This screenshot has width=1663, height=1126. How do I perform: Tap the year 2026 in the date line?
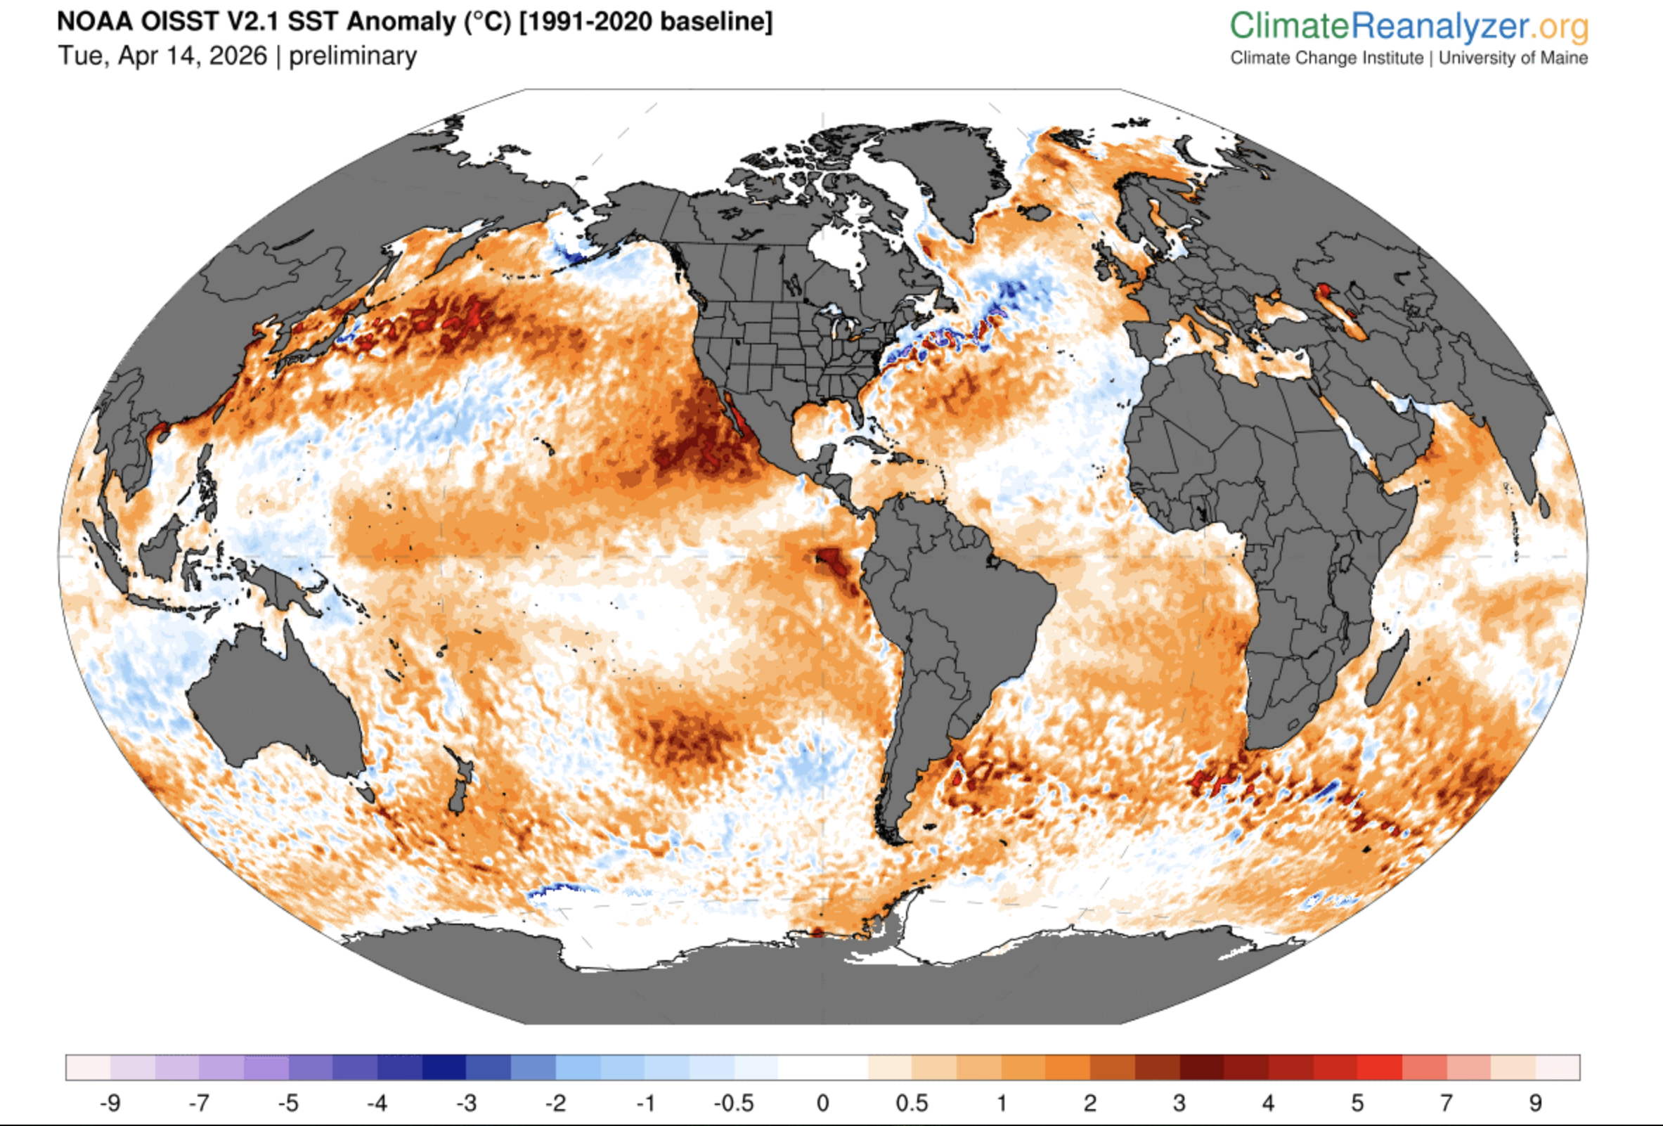237,56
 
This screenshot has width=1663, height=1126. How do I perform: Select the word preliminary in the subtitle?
352,56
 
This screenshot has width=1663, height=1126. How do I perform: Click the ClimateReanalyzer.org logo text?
1409,27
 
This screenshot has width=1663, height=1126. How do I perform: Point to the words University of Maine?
1513,58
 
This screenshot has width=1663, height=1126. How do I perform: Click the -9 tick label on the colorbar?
110,1103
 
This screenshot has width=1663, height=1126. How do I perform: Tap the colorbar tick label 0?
823,1103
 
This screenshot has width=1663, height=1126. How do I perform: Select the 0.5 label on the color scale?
912,1103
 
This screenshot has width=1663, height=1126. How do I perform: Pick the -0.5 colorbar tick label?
734,1103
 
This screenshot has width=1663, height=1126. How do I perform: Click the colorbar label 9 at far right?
1536,1103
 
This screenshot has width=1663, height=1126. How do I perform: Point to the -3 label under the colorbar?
466,1103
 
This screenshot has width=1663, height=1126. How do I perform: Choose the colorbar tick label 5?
1357,1103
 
